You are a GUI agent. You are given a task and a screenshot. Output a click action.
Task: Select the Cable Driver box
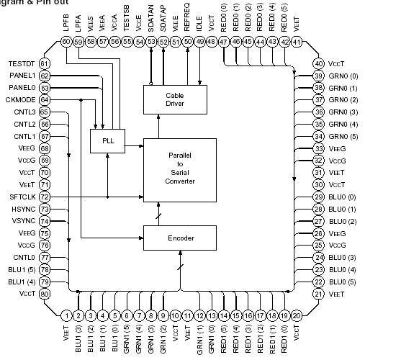(174, 99)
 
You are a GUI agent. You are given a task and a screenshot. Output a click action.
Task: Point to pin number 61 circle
(44, 65)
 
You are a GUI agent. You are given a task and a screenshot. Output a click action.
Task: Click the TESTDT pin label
(22, 65)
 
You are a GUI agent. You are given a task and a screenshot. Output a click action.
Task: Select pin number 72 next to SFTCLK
(44, 197)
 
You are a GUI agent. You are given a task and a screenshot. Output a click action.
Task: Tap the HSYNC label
(23, 209)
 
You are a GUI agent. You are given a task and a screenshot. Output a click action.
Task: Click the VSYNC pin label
(23, 221)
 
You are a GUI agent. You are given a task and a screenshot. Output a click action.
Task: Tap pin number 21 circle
(317, 294)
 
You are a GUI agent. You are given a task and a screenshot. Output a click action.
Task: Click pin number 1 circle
(66, 315)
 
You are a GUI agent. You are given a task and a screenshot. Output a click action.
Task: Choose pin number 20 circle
(296, 315)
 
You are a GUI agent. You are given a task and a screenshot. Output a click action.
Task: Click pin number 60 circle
(66, 42)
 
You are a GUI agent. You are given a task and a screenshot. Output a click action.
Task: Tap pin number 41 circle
(296, 42)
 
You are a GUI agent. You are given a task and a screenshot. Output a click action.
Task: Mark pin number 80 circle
(44, 294)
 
